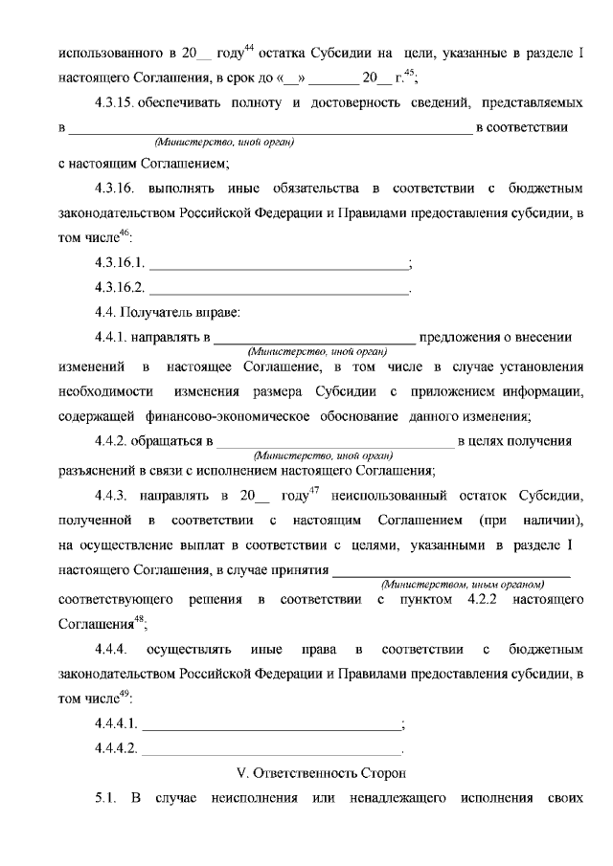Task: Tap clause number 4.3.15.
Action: point(120,101)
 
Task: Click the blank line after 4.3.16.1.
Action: point(278,263)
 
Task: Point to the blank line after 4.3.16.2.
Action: point(278,288)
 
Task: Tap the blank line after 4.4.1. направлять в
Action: point(314,338)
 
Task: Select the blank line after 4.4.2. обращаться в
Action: point(336,442)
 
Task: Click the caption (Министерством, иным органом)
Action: point(463,584)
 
